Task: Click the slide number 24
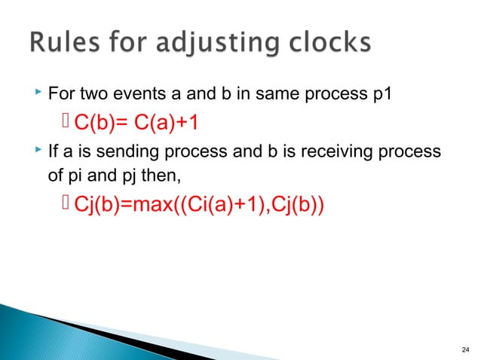point(464,348)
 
